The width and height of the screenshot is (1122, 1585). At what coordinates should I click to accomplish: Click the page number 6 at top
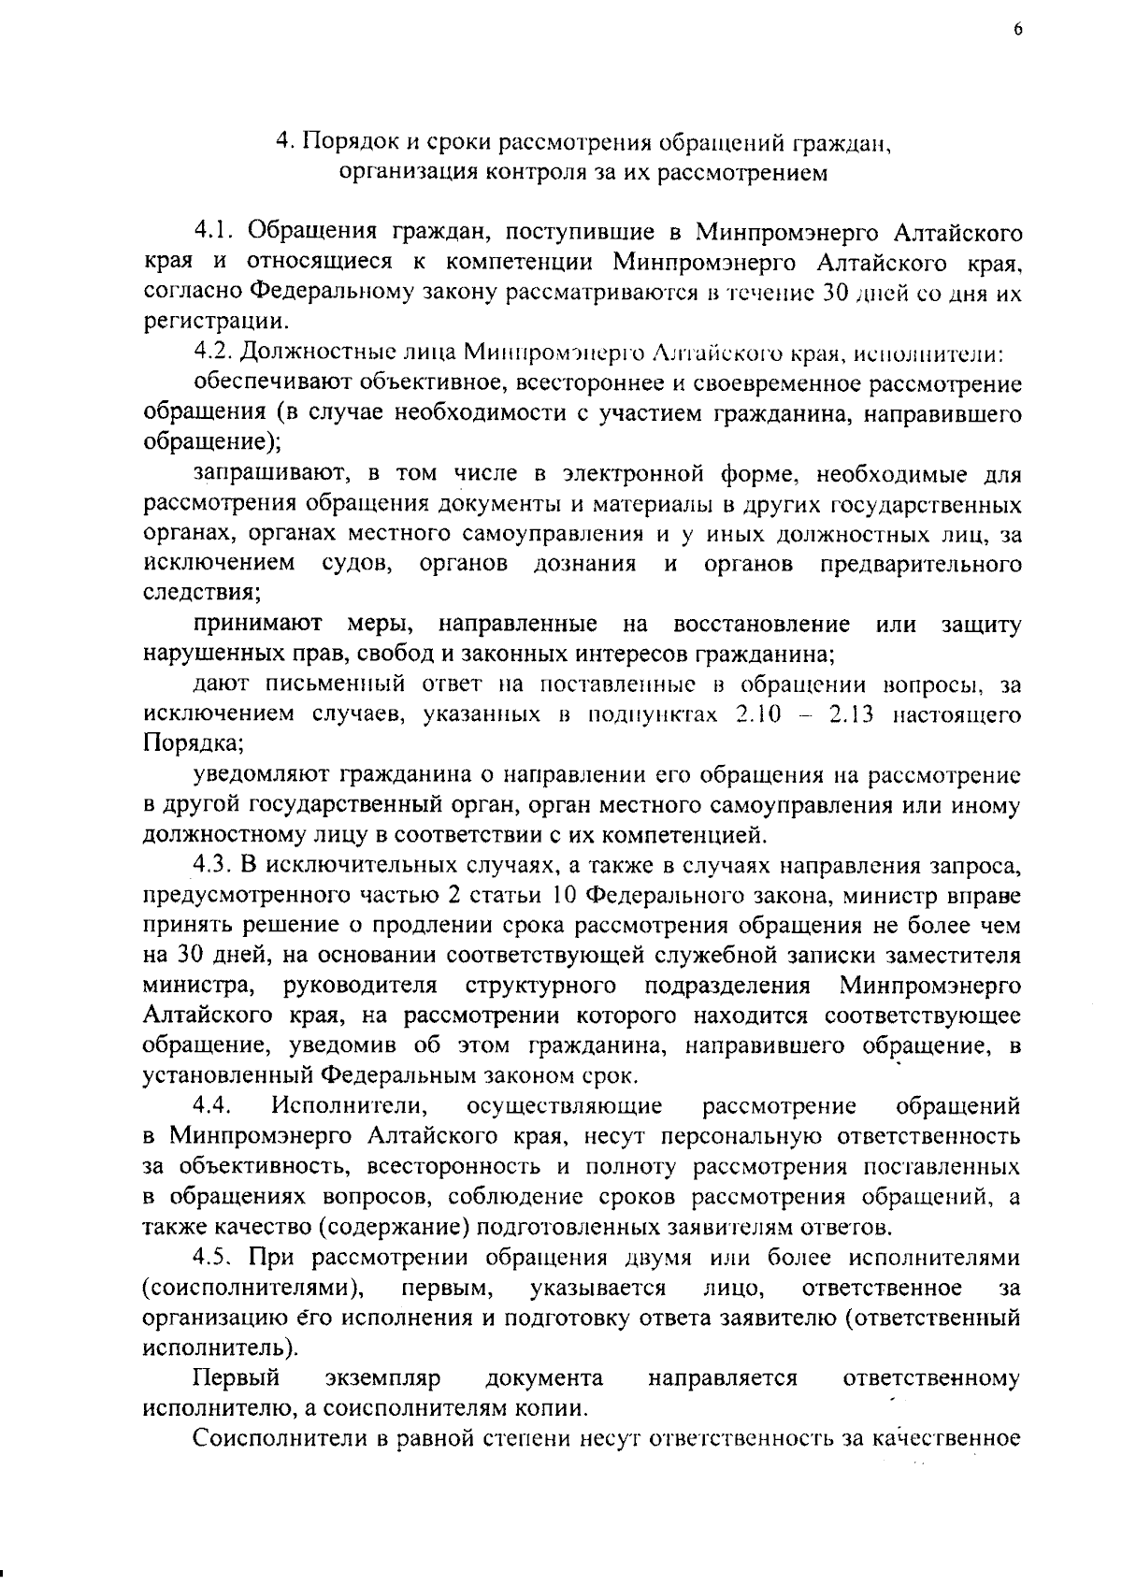point(1017,29)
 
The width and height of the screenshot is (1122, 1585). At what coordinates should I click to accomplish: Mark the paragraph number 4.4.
point(213,1106)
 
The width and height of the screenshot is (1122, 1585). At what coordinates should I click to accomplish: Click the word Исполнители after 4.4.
point(350,1106)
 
